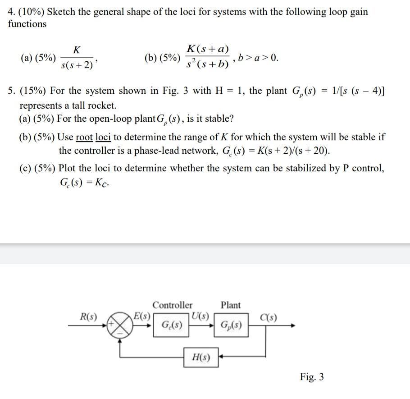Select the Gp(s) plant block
click(231, 325)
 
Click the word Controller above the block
click(172, 305)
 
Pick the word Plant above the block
click(231, 305)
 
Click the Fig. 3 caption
click(312, 377)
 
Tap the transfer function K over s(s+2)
click(77, 58)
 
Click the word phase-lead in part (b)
click(159, 150)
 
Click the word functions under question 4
click(27, 24)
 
